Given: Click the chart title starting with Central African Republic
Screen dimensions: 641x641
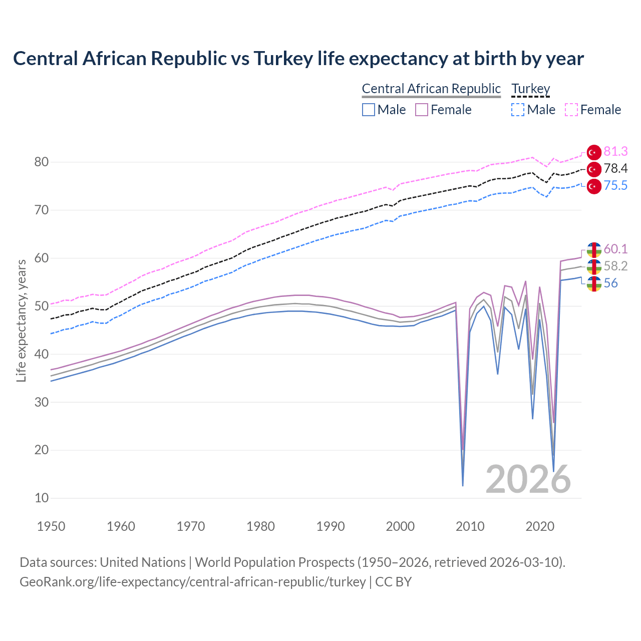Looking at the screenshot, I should coord(298,59).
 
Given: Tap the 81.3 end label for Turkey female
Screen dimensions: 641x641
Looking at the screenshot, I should coord(615,151).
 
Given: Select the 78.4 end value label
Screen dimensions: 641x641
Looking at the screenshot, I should coord(615,168).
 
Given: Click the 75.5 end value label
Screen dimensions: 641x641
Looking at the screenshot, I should coord(615,185).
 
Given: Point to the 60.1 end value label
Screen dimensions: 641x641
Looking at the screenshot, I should coord(615,249).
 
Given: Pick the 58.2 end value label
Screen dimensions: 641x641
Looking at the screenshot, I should coord(615,266).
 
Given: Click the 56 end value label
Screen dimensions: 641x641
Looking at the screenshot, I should coord(610,283).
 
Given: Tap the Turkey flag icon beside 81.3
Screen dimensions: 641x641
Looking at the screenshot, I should coord(594,152).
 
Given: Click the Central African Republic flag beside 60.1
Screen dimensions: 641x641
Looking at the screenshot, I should coord(594,250).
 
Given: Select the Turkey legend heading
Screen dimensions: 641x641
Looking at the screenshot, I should coord(530,89).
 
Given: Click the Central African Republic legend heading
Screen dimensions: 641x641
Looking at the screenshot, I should coord(431,89).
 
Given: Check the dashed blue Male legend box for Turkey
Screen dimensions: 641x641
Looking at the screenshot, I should coord(518,110).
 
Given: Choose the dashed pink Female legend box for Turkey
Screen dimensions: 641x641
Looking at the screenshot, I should coord(571,110).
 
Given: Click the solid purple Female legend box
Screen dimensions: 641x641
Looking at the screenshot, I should coord(422,110).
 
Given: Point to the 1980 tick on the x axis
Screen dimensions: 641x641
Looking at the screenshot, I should coord(260,526).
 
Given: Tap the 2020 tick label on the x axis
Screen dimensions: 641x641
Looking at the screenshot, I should coord(540,526).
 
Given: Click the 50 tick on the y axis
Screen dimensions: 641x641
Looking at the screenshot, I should coord(42,306).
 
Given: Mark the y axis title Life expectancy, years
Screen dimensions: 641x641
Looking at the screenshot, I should coord(22,320).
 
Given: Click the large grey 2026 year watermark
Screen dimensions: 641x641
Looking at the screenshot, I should coord(528,479).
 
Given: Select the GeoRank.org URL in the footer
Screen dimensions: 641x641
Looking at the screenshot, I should coord(193,582).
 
